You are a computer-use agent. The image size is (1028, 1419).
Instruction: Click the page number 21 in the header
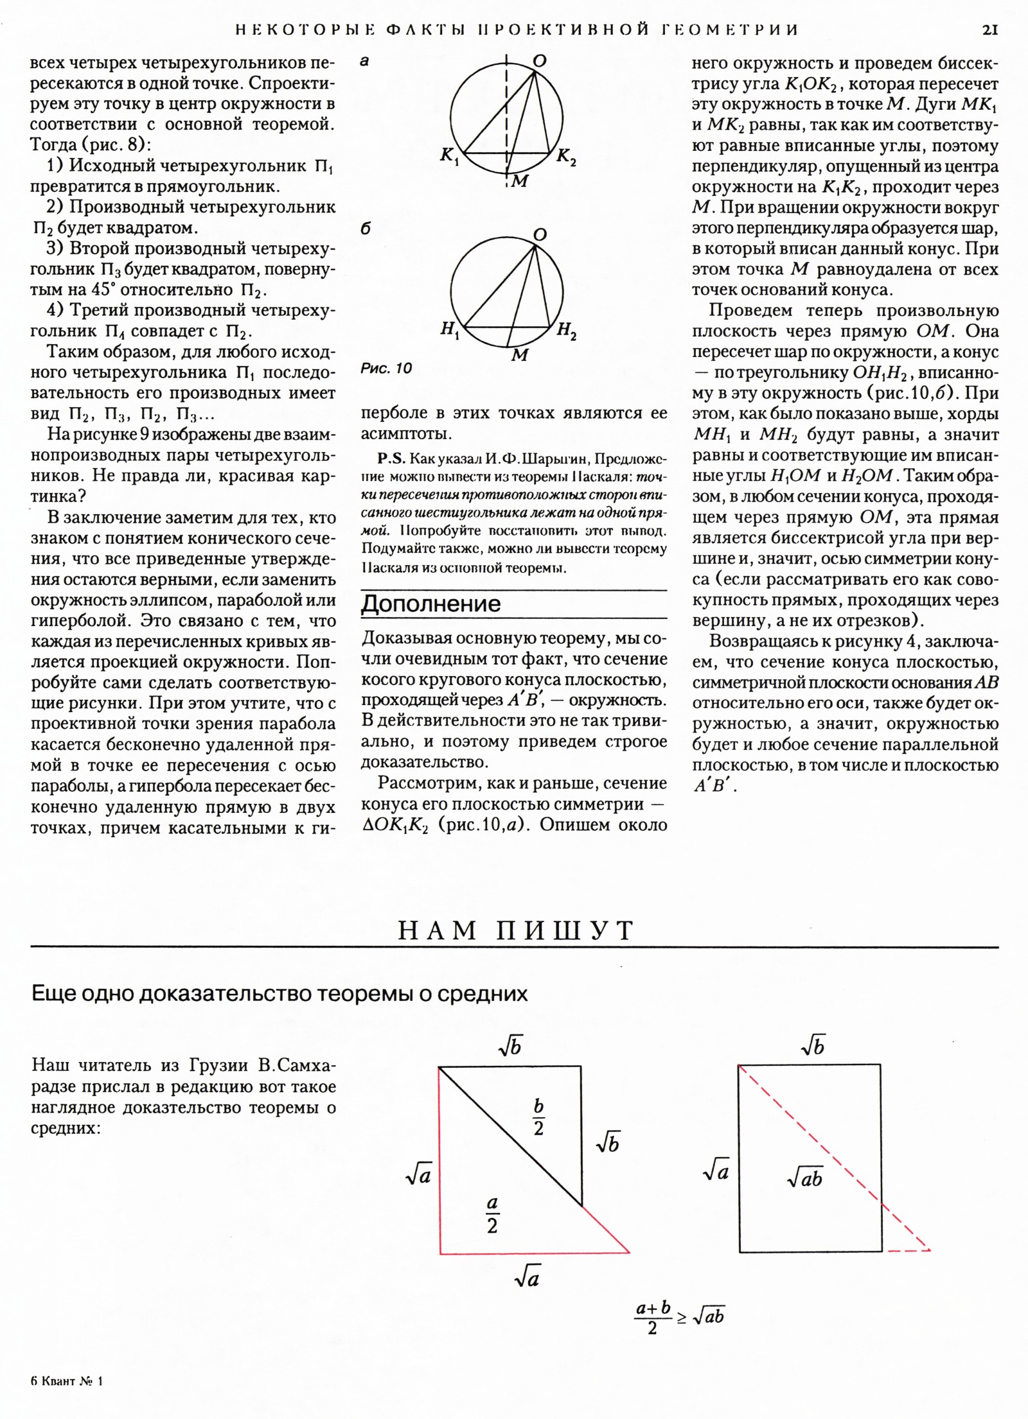click(x=989, y=30)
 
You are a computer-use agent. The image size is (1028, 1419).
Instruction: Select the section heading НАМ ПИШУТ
click(x=516, y=930)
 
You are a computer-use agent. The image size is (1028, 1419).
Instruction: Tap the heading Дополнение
click(x=430, y=604)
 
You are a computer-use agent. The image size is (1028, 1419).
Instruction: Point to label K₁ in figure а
click(x=449, y=156)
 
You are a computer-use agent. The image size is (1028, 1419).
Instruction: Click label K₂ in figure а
click(x=565, y=156)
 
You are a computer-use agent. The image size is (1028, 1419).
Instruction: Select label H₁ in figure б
click(x=449, y=330)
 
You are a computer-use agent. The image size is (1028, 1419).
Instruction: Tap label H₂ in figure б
click(x=566, y=331)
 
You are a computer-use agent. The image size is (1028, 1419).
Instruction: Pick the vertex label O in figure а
click(x=539, y=60)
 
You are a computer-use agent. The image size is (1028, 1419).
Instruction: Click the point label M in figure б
click(x=519, y=355)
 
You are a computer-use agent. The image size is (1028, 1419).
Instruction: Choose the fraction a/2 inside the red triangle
click(x=492, y=1215)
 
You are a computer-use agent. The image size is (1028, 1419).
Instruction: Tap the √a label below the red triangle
click(x=527, y=1279)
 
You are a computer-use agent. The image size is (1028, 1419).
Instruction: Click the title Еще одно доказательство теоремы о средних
click(x=279, y=994)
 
